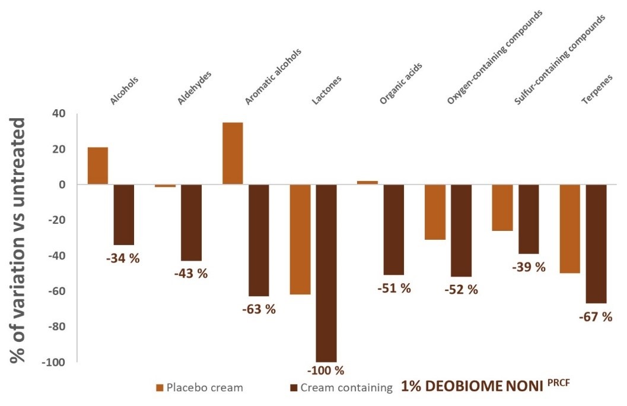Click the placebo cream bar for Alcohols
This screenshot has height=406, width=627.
98,166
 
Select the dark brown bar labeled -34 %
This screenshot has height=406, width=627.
124,214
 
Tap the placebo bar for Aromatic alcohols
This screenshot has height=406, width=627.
233,153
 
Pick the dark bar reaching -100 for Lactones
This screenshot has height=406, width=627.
326,272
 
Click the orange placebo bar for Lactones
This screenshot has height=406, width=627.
300,239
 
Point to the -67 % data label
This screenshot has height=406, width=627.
595,317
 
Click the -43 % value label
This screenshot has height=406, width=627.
190,274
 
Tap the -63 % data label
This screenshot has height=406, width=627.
258,309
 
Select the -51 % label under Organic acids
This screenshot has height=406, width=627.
394,288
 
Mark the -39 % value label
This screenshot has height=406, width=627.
529,267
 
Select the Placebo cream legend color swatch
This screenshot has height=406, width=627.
160,388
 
